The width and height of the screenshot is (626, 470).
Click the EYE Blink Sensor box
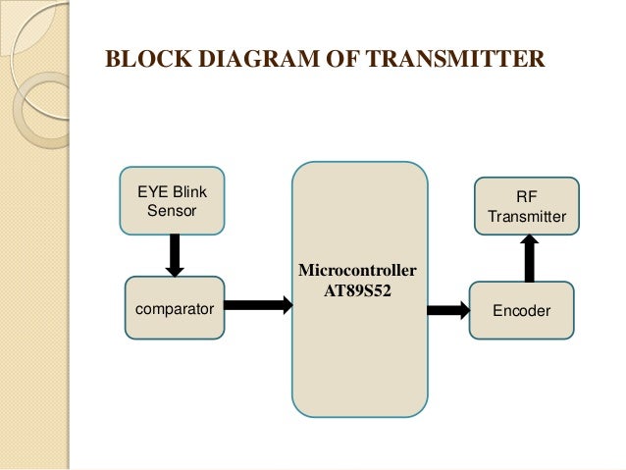[x=171, y=201]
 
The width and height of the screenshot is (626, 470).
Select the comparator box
[x=175, y=308]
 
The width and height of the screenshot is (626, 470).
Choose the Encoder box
[x=521, y=310]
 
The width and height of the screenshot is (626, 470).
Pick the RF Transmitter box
[x=527, y=206]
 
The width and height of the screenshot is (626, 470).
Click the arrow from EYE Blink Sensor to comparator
[x=175, y=255]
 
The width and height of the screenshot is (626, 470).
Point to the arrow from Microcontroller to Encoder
[x=448, y=310]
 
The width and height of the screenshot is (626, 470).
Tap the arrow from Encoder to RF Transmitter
[x=529, y=258]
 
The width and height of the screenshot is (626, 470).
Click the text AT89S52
[x=359, y=291]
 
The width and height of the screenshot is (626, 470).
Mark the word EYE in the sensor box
[x=151, y=191]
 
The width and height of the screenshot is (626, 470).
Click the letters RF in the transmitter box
[x=527, y=195]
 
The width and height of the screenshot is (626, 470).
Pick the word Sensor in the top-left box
[x=171, y=211]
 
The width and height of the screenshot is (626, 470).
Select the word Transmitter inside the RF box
[x=527, y=216]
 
